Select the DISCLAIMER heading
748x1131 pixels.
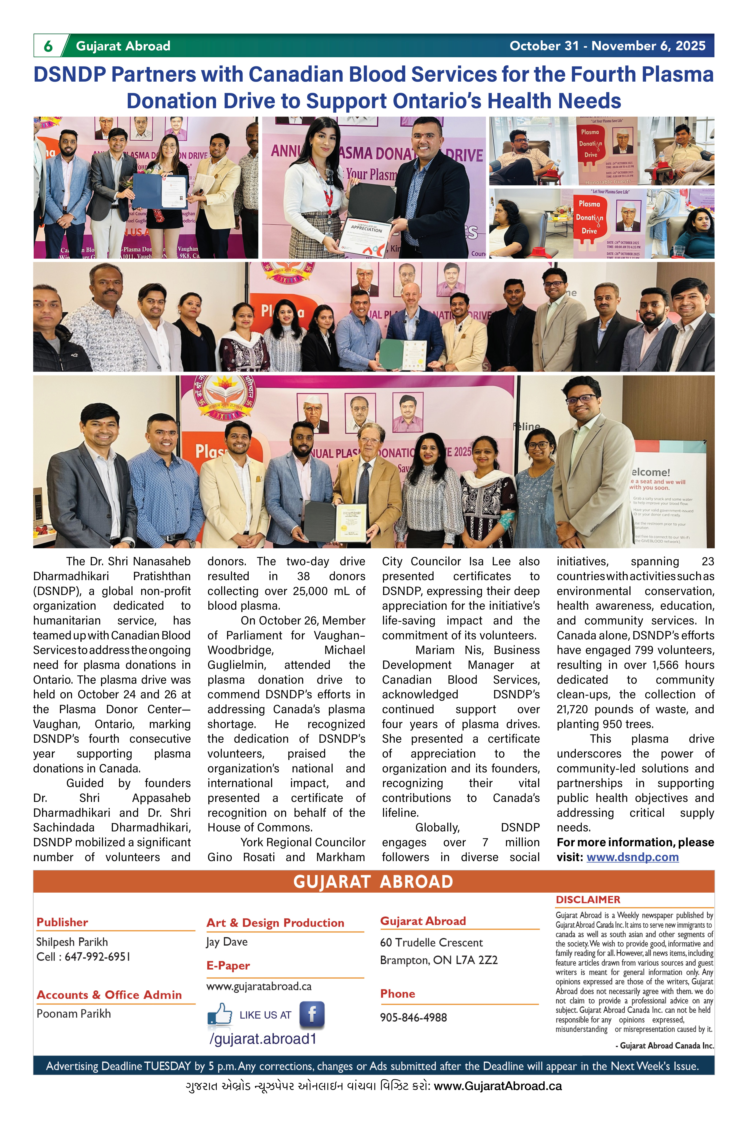click(588, 899)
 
